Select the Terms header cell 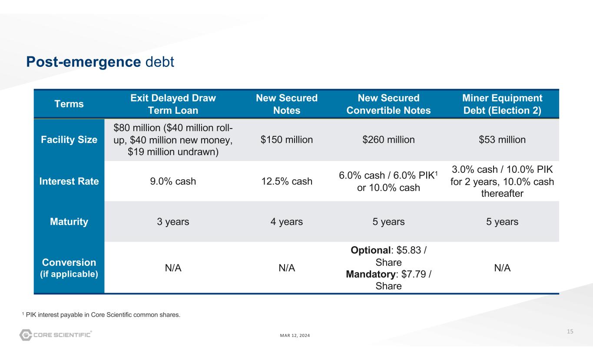pos(69,104)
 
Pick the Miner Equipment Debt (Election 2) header pos(502,104)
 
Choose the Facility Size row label pos(69,140)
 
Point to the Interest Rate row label pos(69,181)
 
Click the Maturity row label pos(69,222)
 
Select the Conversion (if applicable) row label pos(69,268)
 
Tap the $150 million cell pos(286,140)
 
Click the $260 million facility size pos(388,140)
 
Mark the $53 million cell pos(502,140)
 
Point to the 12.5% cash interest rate pos(286,181)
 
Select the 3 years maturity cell pos(173,222)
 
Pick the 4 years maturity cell pos(286,222)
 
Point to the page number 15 pos(570,332)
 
